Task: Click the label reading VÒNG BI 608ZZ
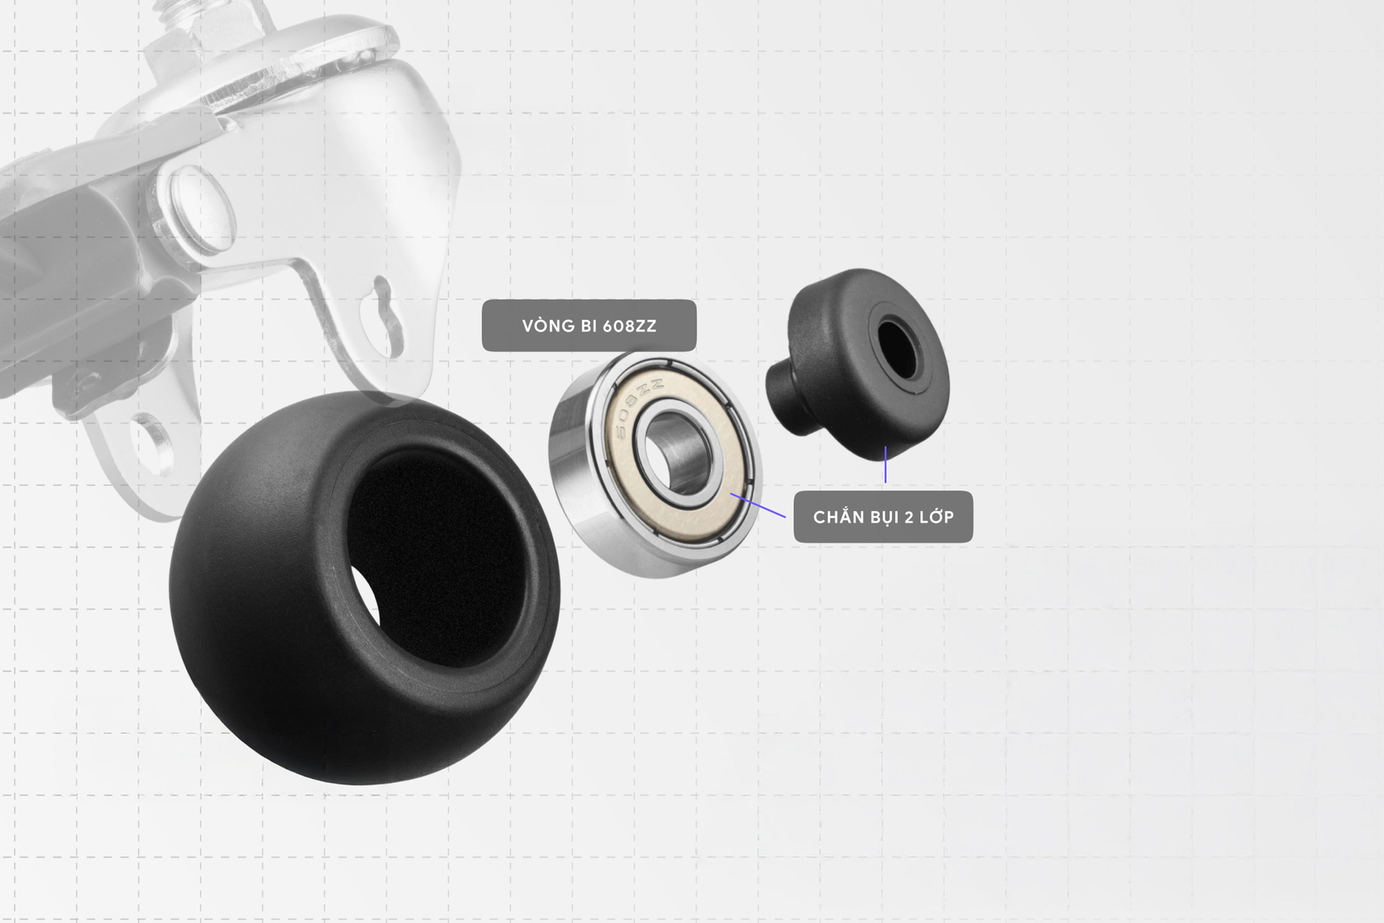pyautogui.click(x=589, y=325)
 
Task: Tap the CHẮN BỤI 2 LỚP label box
pyautogui.click(x=883, y=517)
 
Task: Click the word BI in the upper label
pyautogui.click(x=589, y=325)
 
